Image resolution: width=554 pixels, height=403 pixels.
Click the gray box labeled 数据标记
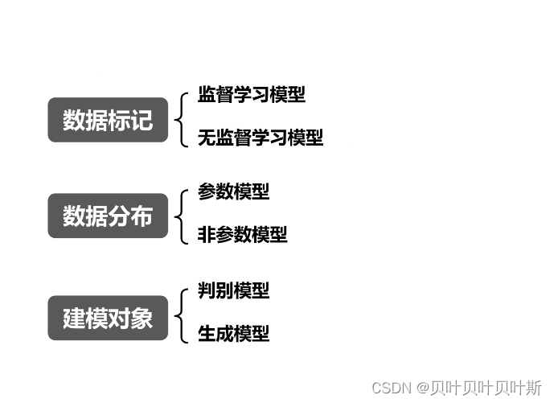point(108,120)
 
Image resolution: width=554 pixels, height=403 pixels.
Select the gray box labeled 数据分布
point(108,216)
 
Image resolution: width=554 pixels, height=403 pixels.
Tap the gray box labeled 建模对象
point(108,319)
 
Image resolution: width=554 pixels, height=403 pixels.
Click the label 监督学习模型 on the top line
point(252,95)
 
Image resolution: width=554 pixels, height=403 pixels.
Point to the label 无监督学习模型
point(261,138)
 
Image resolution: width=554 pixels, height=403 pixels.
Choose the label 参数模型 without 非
point(233,191)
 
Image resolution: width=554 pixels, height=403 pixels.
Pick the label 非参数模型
point(242,235)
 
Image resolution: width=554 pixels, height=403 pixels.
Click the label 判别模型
point(233,290)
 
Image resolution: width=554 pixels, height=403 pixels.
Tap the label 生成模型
point(233,333)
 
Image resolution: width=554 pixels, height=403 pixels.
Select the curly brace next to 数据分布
point(183,214)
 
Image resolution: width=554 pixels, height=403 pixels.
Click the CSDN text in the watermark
point(392,387)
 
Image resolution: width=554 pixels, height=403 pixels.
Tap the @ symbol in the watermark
point(420,387)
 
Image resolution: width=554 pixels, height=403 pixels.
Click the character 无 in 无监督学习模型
point(207,138)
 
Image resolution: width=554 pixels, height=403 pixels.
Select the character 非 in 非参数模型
point(207,235)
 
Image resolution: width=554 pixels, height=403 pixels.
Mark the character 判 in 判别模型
point(207,290)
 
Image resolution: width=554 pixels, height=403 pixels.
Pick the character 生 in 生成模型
point(207,333)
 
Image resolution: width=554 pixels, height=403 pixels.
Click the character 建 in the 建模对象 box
point(74,319)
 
